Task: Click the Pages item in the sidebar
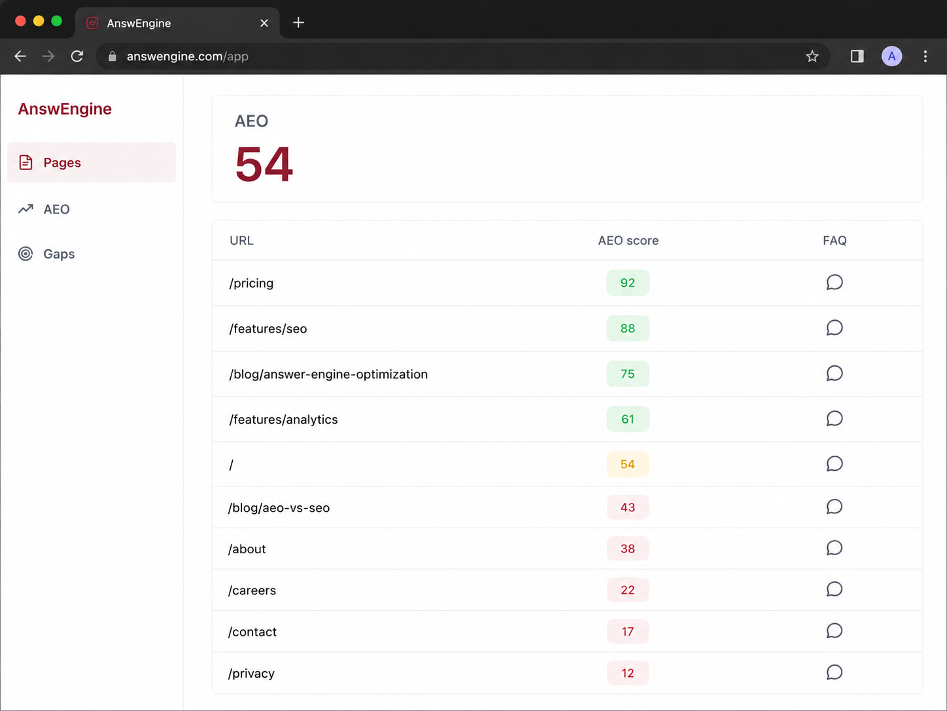(x=92, y=162)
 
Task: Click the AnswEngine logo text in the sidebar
(x=65, y=109)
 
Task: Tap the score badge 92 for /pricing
(x=627, y=283)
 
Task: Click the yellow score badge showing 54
(x=627, y=464)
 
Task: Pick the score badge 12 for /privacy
(x=627, y=673)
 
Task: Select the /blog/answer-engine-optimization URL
(x=328, y=374)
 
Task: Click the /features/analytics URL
(x=283, y=420)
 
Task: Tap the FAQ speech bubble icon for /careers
(x=835, y=589)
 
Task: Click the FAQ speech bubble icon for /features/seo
(x=835, y=327)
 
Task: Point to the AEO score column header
(x=628, y=240)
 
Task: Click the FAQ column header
(x=835, y=240)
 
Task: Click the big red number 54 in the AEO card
(x=264, y=164)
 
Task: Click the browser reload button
(x=77, y=56)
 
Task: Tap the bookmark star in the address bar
(x=812, y=56)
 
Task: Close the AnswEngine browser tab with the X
(x=264, y=23)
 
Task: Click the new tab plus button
(x=298, y=22)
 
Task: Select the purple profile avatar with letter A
(x=891, y=56)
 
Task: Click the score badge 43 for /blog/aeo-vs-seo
(x=627, y=507)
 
